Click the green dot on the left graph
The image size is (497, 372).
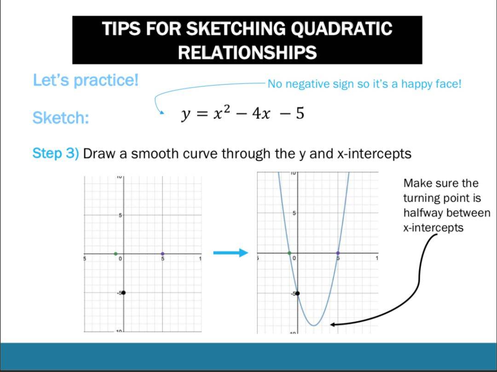click(116, 254)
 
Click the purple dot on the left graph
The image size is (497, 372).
click(162, 254)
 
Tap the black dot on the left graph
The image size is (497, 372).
click(124, 293)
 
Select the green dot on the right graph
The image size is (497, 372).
click(289, 253)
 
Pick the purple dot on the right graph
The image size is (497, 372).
click(338, 253)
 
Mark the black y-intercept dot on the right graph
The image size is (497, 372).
click(297, 293)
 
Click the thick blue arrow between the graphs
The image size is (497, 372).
click(231, 253)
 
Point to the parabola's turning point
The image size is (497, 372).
click(314, 325)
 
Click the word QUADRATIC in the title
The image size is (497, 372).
click(341, 28)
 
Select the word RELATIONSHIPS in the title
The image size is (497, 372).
click(247, 52)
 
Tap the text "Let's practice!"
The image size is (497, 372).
click(86, 80)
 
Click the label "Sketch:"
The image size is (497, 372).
click(61, 118)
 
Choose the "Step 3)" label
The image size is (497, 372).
click(56, 153)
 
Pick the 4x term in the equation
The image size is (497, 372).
click(261, 114)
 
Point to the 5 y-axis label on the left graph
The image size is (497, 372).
click(120, 215)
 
